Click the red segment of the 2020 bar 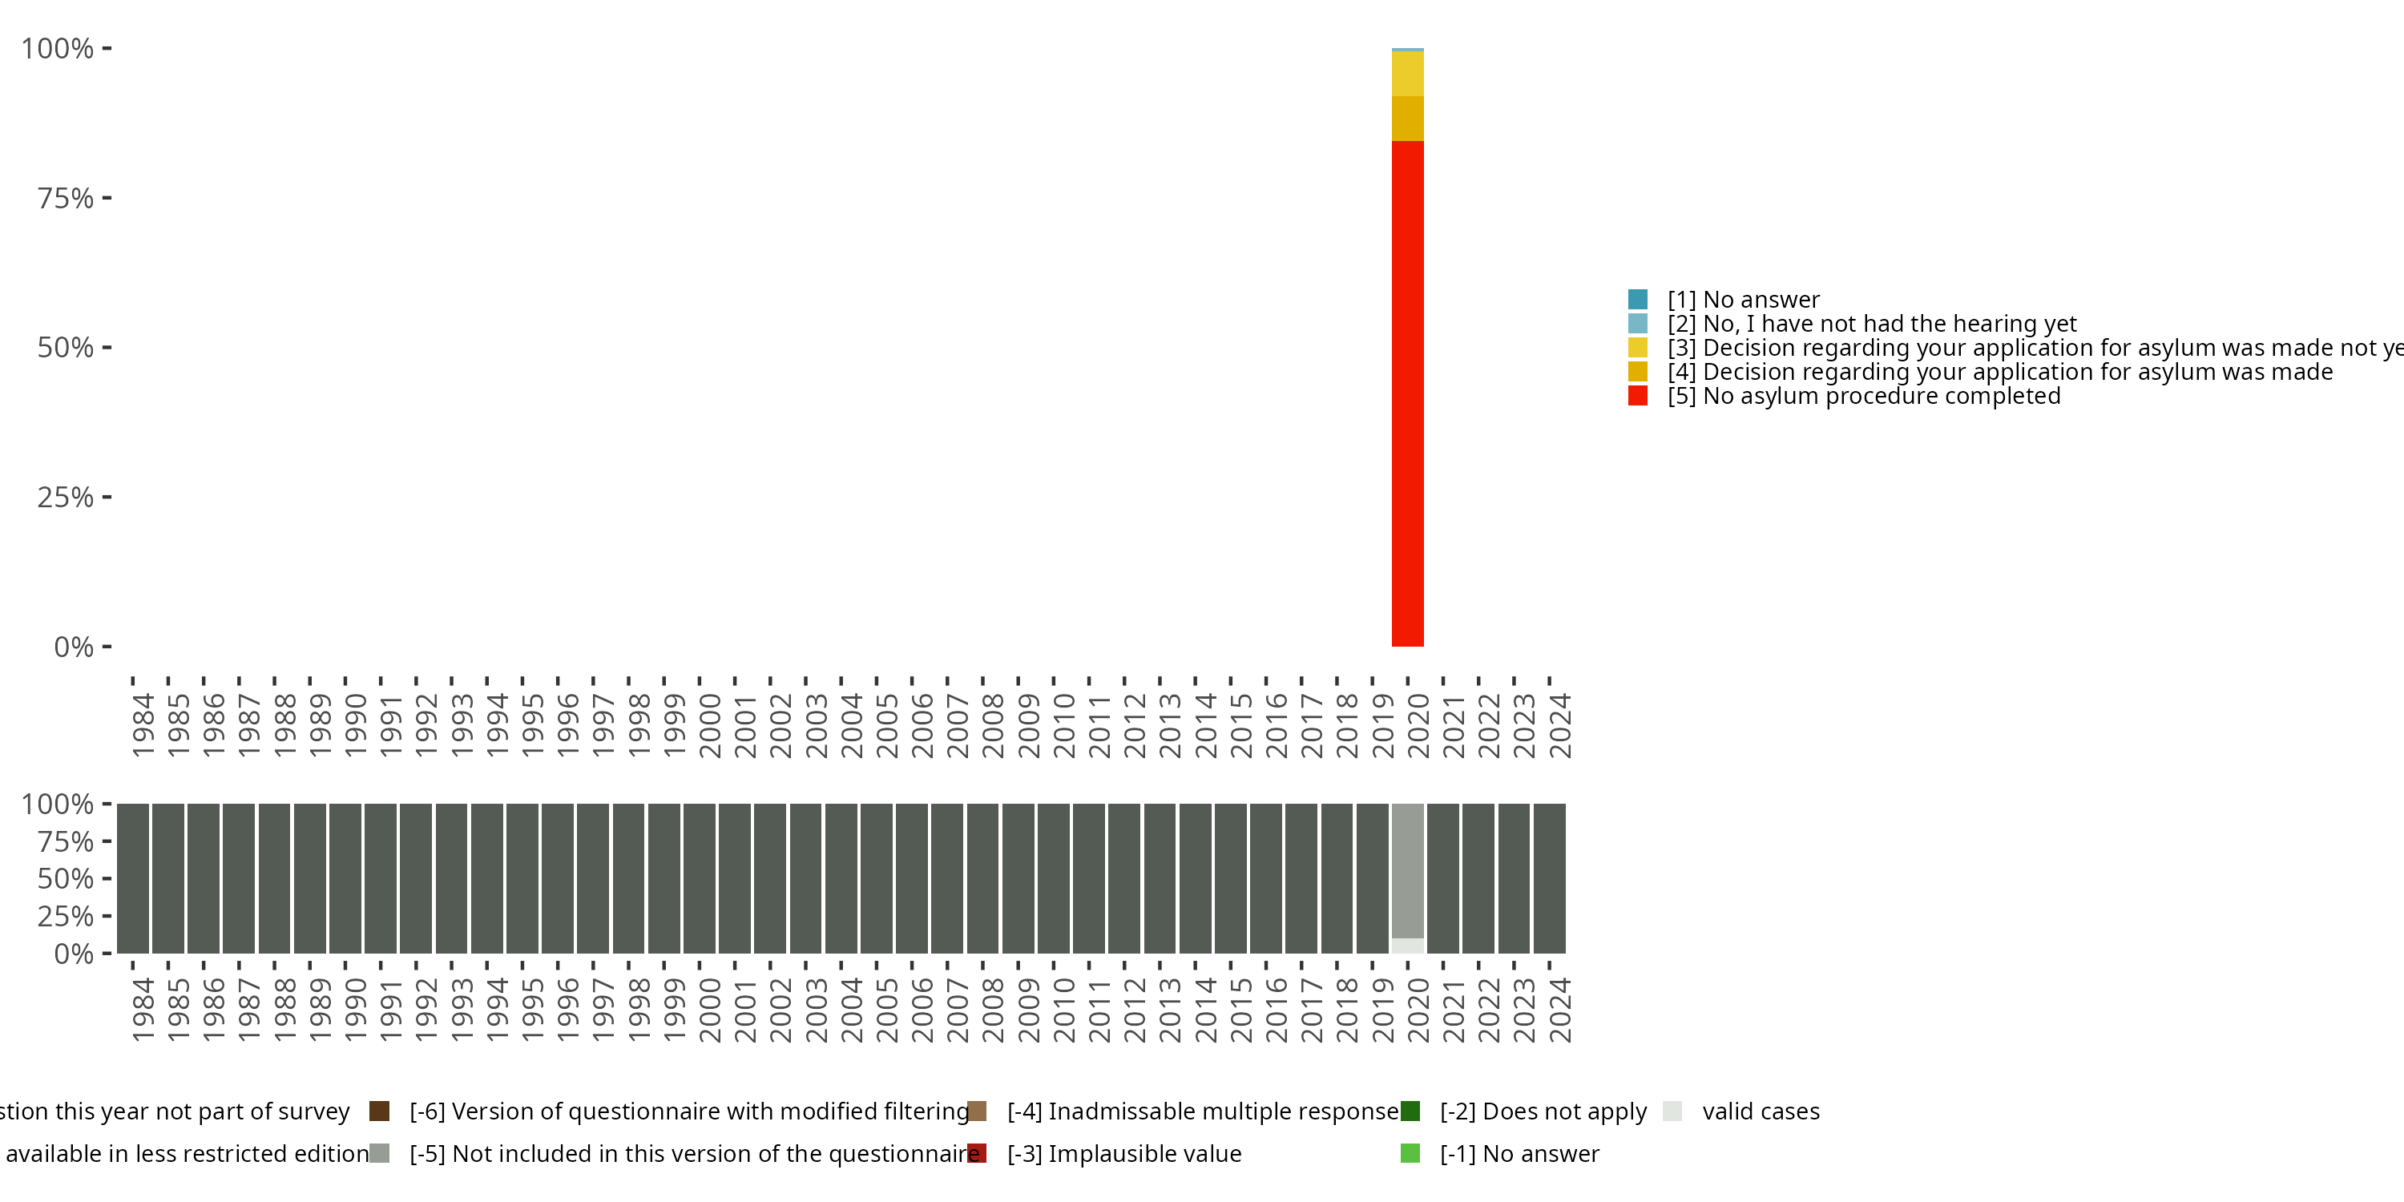[x=1407, y=392]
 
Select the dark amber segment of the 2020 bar [x=1407, y=119]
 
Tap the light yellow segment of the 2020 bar [x=1407, y=74]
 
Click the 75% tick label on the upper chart [x=66, y=198]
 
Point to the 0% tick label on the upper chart [x=74, y=647]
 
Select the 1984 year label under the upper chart [x=143, y=725]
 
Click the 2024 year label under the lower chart [x=1559, y=1010]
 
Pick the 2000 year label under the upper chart [x=709, y=725]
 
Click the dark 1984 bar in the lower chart [x=132, y=878]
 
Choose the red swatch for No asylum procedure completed [x=1638, y=396]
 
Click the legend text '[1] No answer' [x=1743, y=300]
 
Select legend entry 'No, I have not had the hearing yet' [x=1871, y=324]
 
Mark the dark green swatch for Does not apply [x=1410, y=1111]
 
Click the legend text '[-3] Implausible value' [x=1124, y=1153]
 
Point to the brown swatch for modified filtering [x=379, y=1111]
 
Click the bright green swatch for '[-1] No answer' [x=1410, y=1153]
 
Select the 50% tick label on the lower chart [x=66, y=878]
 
